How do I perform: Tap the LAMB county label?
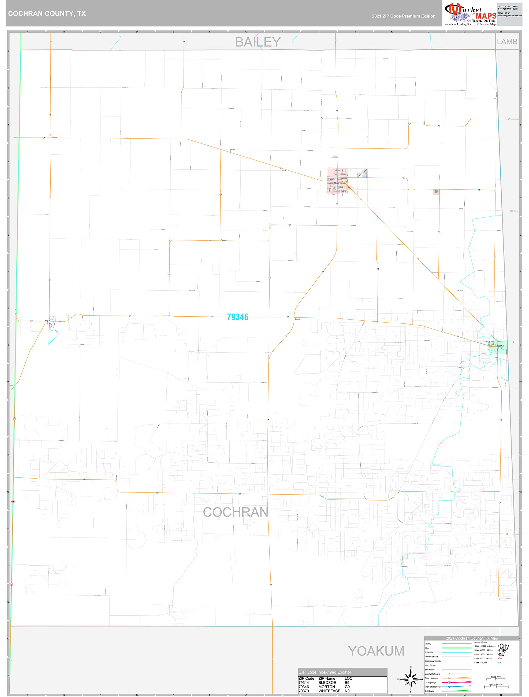(x=507, y=42)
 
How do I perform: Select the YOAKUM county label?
(x=376, y=651)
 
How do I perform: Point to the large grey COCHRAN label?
(x=235, y=512)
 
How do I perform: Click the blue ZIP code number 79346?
(x=237, y=317)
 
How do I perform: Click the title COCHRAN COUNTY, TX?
(x=47, y=14)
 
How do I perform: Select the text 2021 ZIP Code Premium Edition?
(x=403, y=16)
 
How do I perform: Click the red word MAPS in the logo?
(x=486, y=16)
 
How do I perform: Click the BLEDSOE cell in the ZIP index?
(x=327, y=683)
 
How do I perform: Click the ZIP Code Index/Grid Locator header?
(x=325, y=672)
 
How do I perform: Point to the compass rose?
(x=411, y=679)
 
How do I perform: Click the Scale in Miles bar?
(x=495, y=679)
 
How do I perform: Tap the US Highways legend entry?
(x=430, y=683)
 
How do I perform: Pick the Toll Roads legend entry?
(x=429, y=691)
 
